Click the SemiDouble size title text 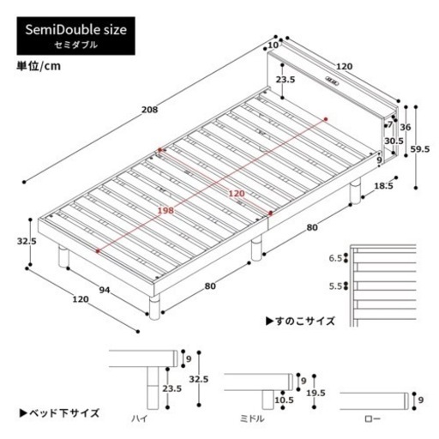click(75, 30)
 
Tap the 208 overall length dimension click(149, 110)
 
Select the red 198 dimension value click(166, 211)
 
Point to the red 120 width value click(237, 194)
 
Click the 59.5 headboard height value click(419, 149)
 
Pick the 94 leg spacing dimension click(105, 290)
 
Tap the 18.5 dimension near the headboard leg click(383, 186)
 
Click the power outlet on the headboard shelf click(332, 81)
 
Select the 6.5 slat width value click(335, 258)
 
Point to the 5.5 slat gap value click(335, 286)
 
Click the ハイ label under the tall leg click(140, 419)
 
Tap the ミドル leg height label click(252, 419)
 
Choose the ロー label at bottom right click(373, 419)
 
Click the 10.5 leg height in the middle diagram click(284, 400)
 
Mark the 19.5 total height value click(316, 394)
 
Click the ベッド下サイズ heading click(59, 413)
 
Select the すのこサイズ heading click(300, 321)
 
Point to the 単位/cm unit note click(39, 66)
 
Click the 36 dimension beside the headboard click(406, 127)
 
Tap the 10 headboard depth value click(274, 45)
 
